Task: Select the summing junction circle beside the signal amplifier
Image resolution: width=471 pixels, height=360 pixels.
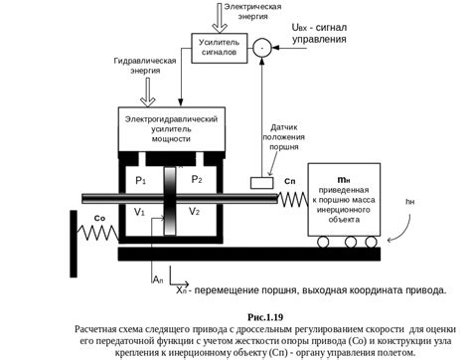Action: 261,46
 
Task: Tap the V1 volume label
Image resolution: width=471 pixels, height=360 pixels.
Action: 140,213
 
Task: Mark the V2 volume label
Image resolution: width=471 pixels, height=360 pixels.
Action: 196,213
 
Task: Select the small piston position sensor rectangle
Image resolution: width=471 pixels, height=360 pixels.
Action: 264,183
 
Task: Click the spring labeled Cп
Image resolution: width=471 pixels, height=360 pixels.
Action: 293,200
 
